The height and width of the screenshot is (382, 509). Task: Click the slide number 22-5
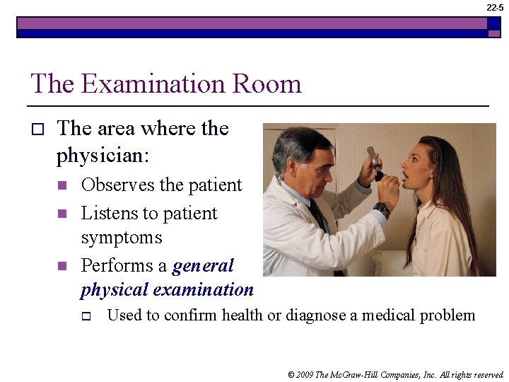click(495, 7)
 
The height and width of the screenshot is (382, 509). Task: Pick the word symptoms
click(122, 238)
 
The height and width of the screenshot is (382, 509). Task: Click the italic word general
click(203, 266)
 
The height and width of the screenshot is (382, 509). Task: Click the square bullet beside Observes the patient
click(62, 186)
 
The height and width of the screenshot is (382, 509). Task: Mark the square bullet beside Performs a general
click(62, 267)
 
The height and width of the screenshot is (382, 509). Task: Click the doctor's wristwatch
click(382, 209)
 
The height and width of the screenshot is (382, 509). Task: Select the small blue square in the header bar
click(494, 23)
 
